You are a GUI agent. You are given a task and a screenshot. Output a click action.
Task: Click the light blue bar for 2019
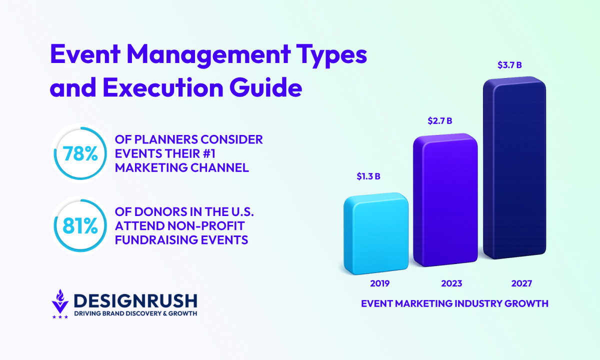click(375, 233)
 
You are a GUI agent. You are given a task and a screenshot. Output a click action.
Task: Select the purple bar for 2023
click(444, 200)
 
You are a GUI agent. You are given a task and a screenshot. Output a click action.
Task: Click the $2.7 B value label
click(440, 120)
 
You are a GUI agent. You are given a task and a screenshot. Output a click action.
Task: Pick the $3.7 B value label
click(510, 65)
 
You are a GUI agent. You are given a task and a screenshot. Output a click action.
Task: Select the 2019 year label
click(379, 283)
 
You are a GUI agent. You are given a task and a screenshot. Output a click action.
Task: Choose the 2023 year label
click(451, 283)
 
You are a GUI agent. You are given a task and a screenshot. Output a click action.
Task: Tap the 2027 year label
click(521, 283)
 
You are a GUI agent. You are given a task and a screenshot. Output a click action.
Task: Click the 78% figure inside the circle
click(80, 154)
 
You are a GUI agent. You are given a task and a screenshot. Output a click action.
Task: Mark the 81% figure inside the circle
click(80, 226)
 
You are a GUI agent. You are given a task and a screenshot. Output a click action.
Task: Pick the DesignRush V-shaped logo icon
click(60, 302)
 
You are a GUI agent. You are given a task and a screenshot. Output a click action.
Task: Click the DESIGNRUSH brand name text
click(135, 300)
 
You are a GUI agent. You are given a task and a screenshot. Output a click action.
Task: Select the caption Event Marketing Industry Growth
click(454, 303)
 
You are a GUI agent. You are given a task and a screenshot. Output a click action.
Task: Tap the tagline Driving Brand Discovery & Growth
click(135, 313)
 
